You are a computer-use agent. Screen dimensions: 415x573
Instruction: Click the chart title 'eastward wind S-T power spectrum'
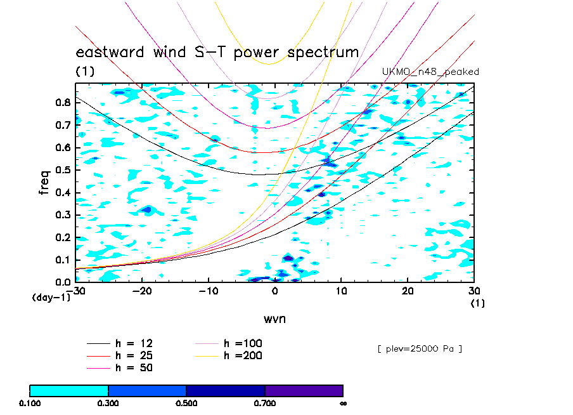[x=217, y=52]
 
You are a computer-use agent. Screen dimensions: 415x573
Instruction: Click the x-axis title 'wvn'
[x=274, y=319]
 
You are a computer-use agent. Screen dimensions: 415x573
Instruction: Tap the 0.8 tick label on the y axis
[x=63, y=102]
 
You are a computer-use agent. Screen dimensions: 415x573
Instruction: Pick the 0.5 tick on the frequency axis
[x=63, y=169]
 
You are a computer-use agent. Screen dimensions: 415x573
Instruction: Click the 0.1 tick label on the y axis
[x=63, y=260]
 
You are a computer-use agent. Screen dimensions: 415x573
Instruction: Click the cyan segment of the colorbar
[x=69, y=390]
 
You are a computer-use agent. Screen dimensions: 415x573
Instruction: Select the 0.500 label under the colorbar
[x=186, y=403]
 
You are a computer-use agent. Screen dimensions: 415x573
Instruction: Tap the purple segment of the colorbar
[x=304, y=390]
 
